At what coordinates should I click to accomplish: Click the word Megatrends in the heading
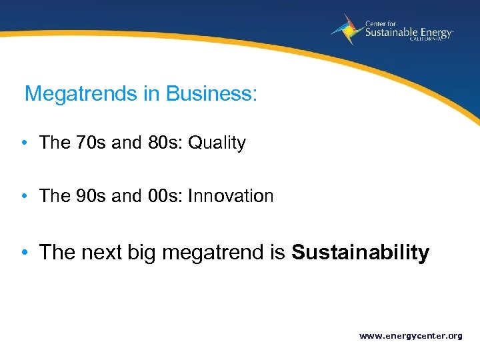point(81,94)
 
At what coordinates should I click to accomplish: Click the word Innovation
point(231,196)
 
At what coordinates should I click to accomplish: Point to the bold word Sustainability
point(361,253)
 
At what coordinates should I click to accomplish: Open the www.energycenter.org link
point(411,336)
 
